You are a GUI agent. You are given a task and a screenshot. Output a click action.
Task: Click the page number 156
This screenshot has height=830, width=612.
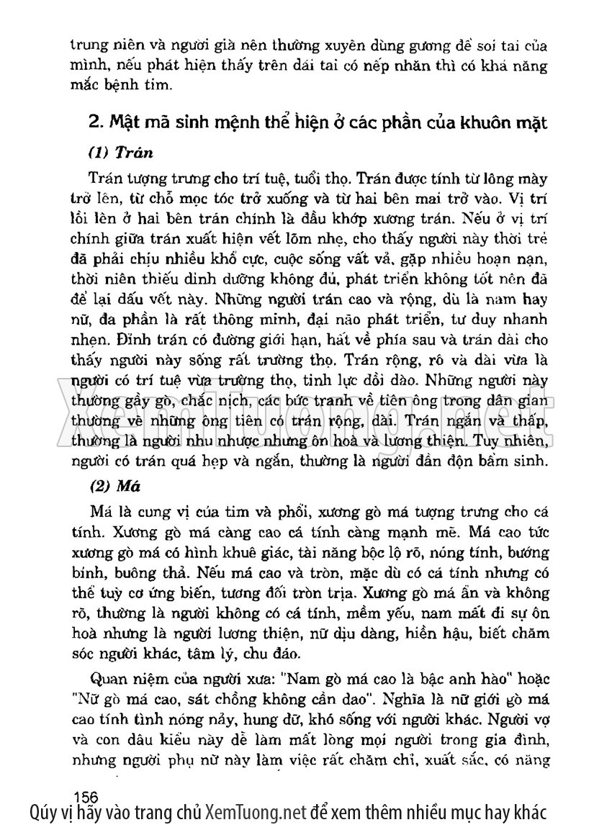pyautogui.click(x=86, y=795)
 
